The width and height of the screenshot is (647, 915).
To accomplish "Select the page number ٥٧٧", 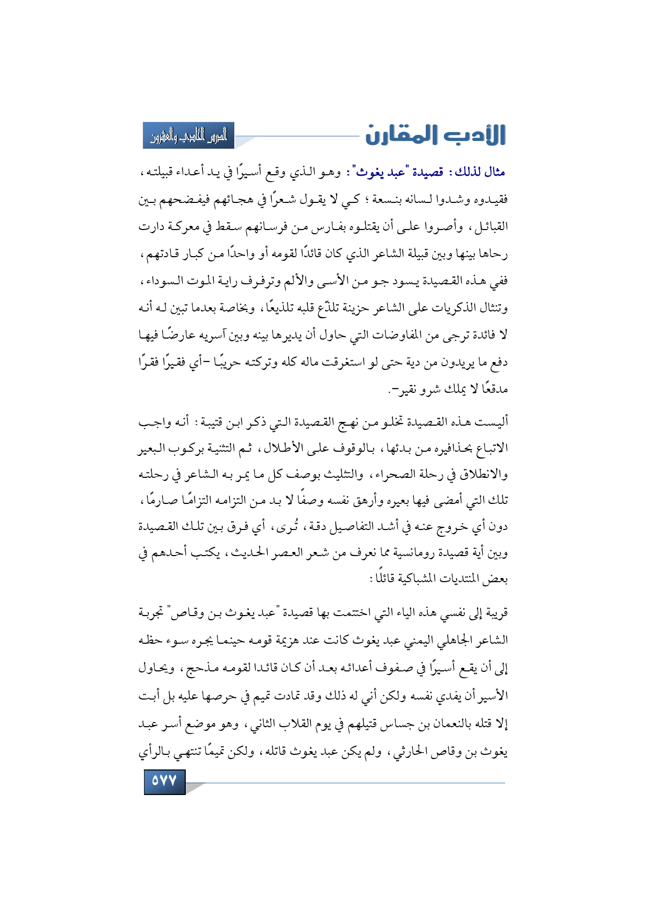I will click(x=164, y=781).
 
